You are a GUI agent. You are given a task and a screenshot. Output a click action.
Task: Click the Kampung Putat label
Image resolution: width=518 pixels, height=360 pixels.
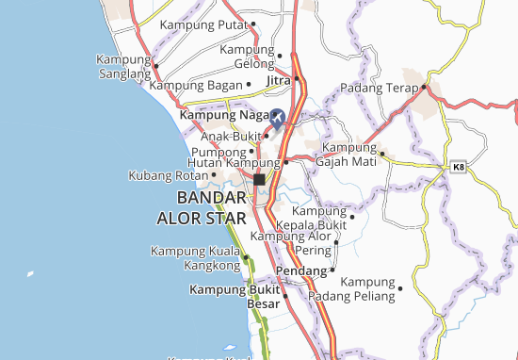point(203,25)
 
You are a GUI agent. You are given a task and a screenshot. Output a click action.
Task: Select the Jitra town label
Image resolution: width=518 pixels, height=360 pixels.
point(276,81)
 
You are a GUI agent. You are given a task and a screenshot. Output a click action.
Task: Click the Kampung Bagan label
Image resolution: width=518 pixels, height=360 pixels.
point(196,85)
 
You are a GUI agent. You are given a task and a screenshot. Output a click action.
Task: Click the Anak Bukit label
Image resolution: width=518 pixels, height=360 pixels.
point(229,135)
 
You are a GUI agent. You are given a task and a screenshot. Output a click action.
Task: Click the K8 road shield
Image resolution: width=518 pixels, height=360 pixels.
point(459,166)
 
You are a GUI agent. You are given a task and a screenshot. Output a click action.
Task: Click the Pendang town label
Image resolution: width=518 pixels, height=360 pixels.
point(304,270)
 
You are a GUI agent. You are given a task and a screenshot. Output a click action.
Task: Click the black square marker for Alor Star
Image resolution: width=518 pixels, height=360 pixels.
point(259,179)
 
